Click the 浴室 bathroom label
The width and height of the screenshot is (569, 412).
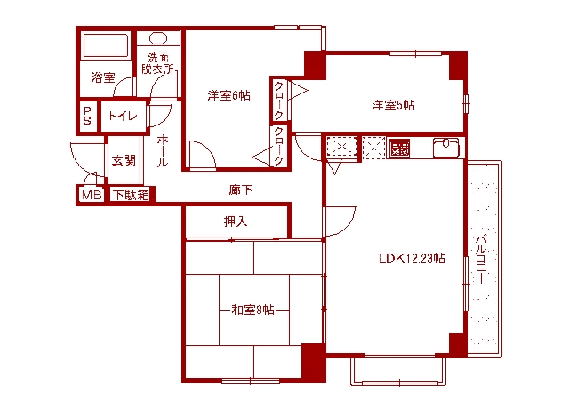(102, 77)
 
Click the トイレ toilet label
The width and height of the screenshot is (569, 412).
(122, 115)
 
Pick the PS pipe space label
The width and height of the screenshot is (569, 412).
(87, 115)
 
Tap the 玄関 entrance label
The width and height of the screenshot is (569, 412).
(124, 160)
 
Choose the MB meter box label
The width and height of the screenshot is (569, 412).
(91, 195)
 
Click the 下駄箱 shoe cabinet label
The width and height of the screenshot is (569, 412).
(130, 195)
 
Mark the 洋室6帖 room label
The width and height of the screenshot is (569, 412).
(228, 95)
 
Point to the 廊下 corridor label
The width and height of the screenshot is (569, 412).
(241, 190)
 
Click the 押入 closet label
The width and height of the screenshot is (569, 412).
(236, 221)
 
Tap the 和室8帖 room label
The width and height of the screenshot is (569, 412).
(252, 309)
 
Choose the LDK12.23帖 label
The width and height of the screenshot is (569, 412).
(411, 259)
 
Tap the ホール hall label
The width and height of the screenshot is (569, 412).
(163, 152)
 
